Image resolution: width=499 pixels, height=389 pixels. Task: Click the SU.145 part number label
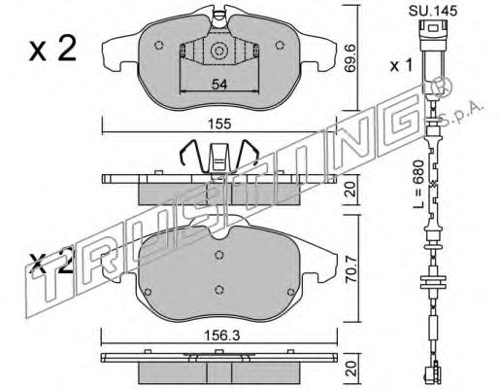click(x=433, y=11)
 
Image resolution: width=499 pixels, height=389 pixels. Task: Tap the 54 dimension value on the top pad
click(x=219, y=85)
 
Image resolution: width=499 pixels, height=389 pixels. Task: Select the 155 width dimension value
click(x=219, y=124)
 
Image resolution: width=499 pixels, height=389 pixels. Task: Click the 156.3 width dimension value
click(x=221, y=336)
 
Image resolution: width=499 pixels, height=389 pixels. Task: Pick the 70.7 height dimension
click(x=350, y=270)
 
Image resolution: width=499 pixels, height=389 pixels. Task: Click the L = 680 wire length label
click(x=418, y=184)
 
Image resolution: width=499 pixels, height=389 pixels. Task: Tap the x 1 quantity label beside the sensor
click(x=401, y=66)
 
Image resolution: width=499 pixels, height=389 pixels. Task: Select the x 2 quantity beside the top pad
click(x=52, y=50)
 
